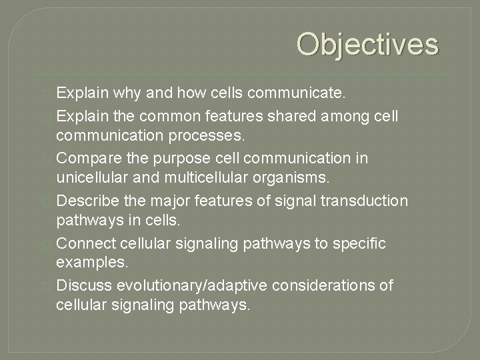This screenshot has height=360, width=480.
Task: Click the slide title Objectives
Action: [x=367, y=45]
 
